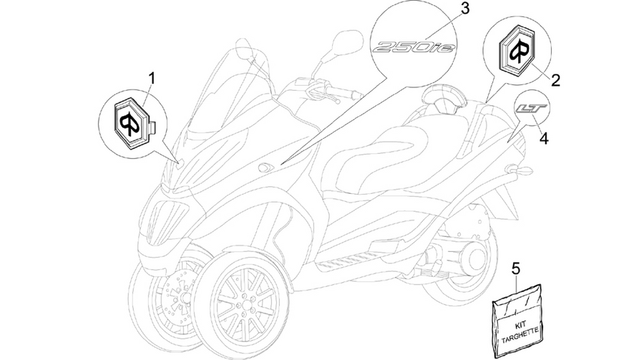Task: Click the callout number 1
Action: pyautogui.click(x=152, y=77)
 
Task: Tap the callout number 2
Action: pyautogui.click(x=555, y=80)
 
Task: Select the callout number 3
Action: pyautogui.click(x=464, y=9)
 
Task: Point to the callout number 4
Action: pyautogui.click(x=544, y=139)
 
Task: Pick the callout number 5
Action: pyautogui.click(x=516, y=269)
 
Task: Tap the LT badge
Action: pyautogui.click(x=532, y=109)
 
